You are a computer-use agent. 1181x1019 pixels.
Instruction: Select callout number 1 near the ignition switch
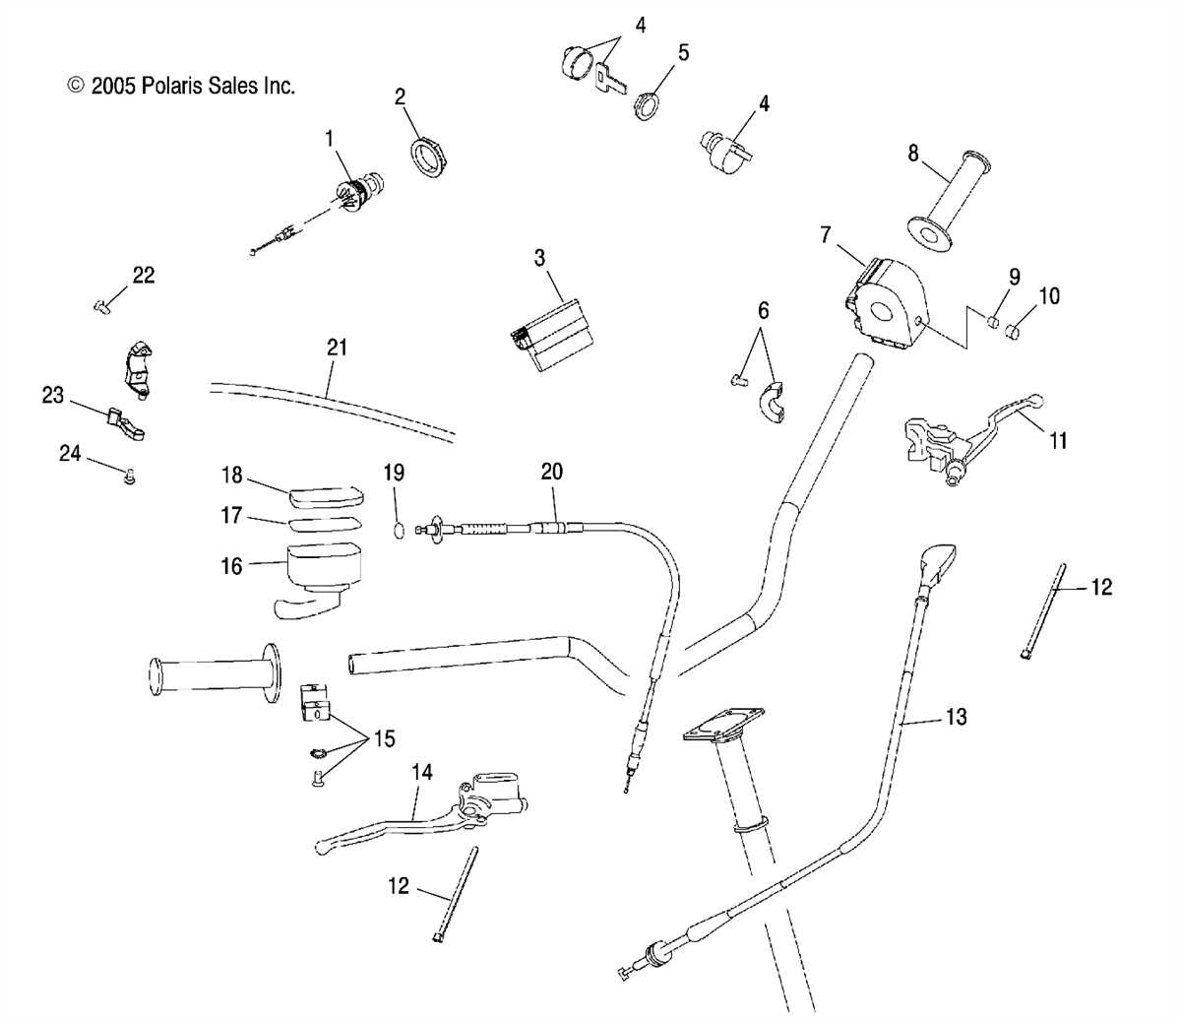pyautogui.click(x=330, y=140)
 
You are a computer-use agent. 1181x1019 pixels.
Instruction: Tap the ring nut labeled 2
pyautogui.click(x=428, y=158)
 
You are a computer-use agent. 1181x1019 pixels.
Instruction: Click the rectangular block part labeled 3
pyautogui.click(x=551, y=335)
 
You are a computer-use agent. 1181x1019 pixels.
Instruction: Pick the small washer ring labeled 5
pyautogui.click(x=647, y=104)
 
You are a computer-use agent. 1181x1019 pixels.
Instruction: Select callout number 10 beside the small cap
pyautogui.click(x=1049, y=295)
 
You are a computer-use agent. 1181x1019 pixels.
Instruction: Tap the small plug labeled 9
pyautogui.click(x=994, y=322)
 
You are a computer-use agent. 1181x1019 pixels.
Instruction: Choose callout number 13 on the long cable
pyautogui.click(x=956, y=717)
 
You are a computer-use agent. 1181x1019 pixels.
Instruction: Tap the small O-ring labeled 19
pyautogui.click(x=398, y=531)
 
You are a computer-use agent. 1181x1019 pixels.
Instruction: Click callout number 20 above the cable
pyautogui.click(x=551, y=472)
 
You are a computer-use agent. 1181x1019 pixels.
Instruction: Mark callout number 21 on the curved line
pyautogui.click(x=337, y=348)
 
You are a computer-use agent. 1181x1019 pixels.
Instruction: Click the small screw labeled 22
pyautogui.click(x=100, y=307)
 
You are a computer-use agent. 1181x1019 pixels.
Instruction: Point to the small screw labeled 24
pyautogui.click(x=128, y=478)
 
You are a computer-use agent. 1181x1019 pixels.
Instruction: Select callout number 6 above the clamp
pyautogui.click(x=763, y=312)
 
